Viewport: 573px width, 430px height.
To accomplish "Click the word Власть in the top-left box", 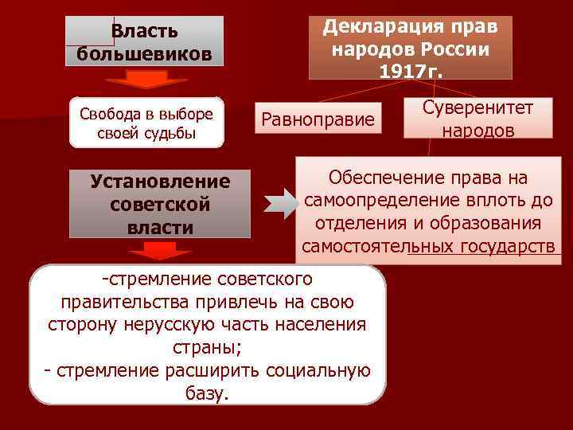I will [x=144, y=31].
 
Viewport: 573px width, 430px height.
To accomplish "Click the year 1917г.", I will [x=411, y=70].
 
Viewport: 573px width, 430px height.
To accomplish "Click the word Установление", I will [x=160, y=182].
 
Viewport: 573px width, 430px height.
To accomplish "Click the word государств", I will [x=507, y=246].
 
